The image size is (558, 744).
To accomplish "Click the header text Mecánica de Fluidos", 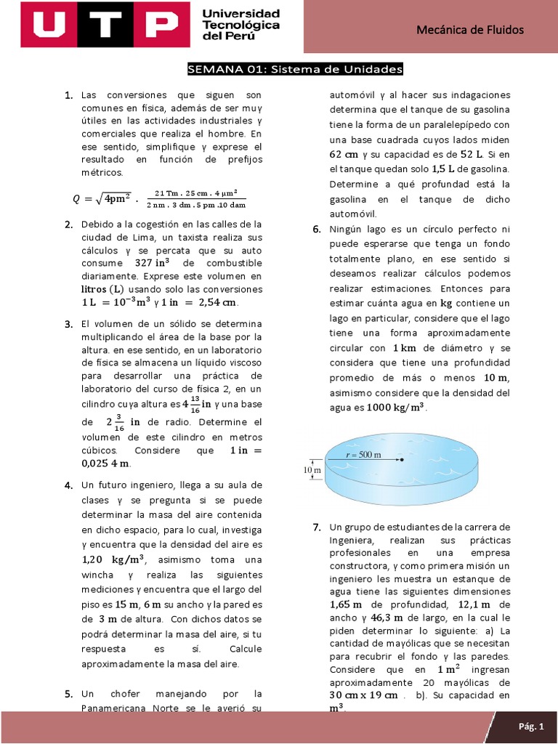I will pos(469,29).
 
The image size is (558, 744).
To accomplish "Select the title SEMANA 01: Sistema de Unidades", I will pos(294,70).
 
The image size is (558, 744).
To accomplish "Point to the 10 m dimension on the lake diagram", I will pos(310,470).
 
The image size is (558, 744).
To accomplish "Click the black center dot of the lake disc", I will pos(401,459).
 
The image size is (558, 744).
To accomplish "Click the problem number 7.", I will pos(317,527).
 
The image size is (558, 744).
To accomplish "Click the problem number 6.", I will pos(317,229).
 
